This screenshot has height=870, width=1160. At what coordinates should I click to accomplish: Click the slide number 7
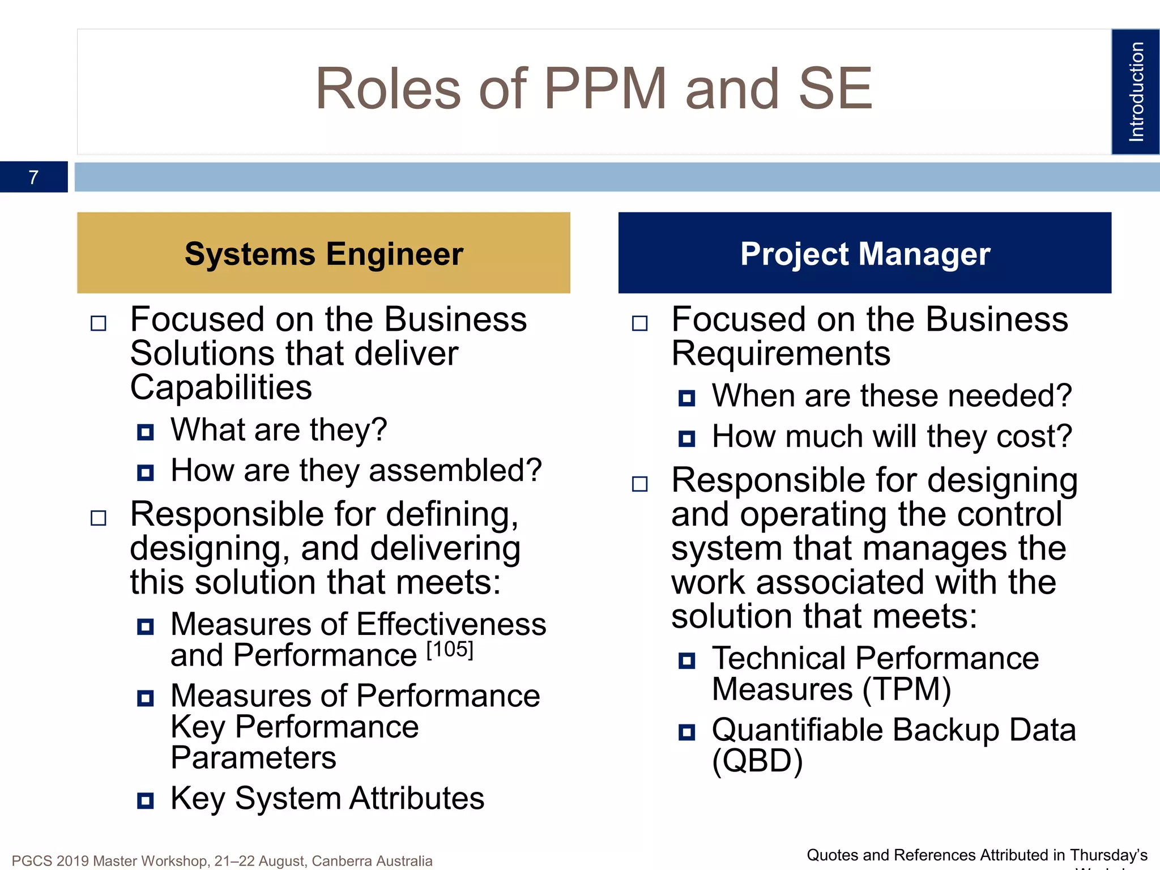point(33,177)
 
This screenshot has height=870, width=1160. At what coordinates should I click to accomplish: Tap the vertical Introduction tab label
point(1136,92)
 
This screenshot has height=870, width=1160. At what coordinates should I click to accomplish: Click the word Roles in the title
point(388,89)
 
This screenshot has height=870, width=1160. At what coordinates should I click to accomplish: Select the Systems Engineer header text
point(323,254)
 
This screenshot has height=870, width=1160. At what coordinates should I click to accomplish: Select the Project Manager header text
point(865,254)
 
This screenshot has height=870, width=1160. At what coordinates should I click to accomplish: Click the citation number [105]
point(450,650)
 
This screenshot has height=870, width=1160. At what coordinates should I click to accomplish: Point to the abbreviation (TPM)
point(906,690)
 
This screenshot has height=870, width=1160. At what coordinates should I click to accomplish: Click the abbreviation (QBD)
point(757,761)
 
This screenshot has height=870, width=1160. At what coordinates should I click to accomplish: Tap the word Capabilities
point(221,389)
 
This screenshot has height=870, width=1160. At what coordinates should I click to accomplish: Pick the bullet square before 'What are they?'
point(146,433)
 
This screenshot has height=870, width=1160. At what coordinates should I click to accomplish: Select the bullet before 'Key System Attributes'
point(146,801)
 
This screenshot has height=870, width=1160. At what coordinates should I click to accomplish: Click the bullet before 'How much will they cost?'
point(686,439)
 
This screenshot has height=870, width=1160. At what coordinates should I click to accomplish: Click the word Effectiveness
point(451,625)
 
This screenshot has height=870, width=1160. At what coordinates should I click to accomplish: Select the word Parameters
point(253,758)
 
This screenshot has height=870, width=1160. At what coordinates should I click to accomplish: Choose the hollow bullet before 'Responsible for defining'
point(99,518)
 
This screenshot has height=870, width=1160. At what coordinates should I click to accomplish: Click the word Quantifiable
point(797,730)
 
